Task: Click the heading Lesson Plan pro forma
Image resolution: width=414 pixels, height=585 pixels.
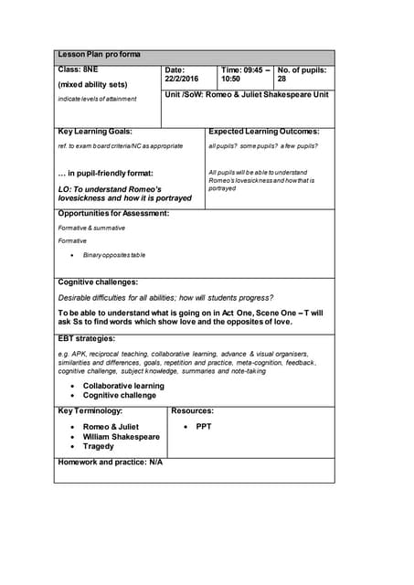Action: [100, 55]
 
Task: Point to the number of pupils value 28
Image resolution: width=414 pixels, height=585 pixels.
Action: [281, 80]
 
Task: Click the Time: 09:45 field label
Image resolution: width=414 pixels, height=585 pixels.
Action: [245, 69]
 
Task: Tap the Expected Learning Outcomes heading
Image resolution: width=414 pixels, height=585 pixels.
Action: [264, 133]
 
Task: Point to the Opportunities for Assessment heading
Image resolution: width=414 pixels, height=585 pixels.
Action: [113, 214]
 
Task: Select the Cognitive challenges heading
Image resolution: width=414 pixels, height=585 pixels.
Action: [98, 282]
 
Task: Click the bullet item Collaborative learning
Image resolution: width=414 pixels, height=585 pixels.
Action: [123, 386]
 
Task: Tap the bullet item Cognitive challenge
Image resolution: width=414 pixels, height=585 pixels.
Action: [119, 396]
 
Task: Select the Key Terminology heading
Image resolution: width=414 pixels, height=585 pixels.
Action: [90, 411]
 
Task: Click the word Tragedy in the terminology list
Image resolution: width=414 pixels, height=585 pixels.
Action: [98, 447]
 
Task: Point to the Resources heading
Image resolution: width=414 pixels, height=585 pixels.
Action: [192, 411]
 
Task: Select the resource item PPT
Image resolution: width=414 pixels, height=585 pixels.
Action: [203, 427]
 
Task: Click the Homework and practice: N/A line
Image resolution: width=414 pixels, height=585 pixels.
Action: [110, 463]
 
